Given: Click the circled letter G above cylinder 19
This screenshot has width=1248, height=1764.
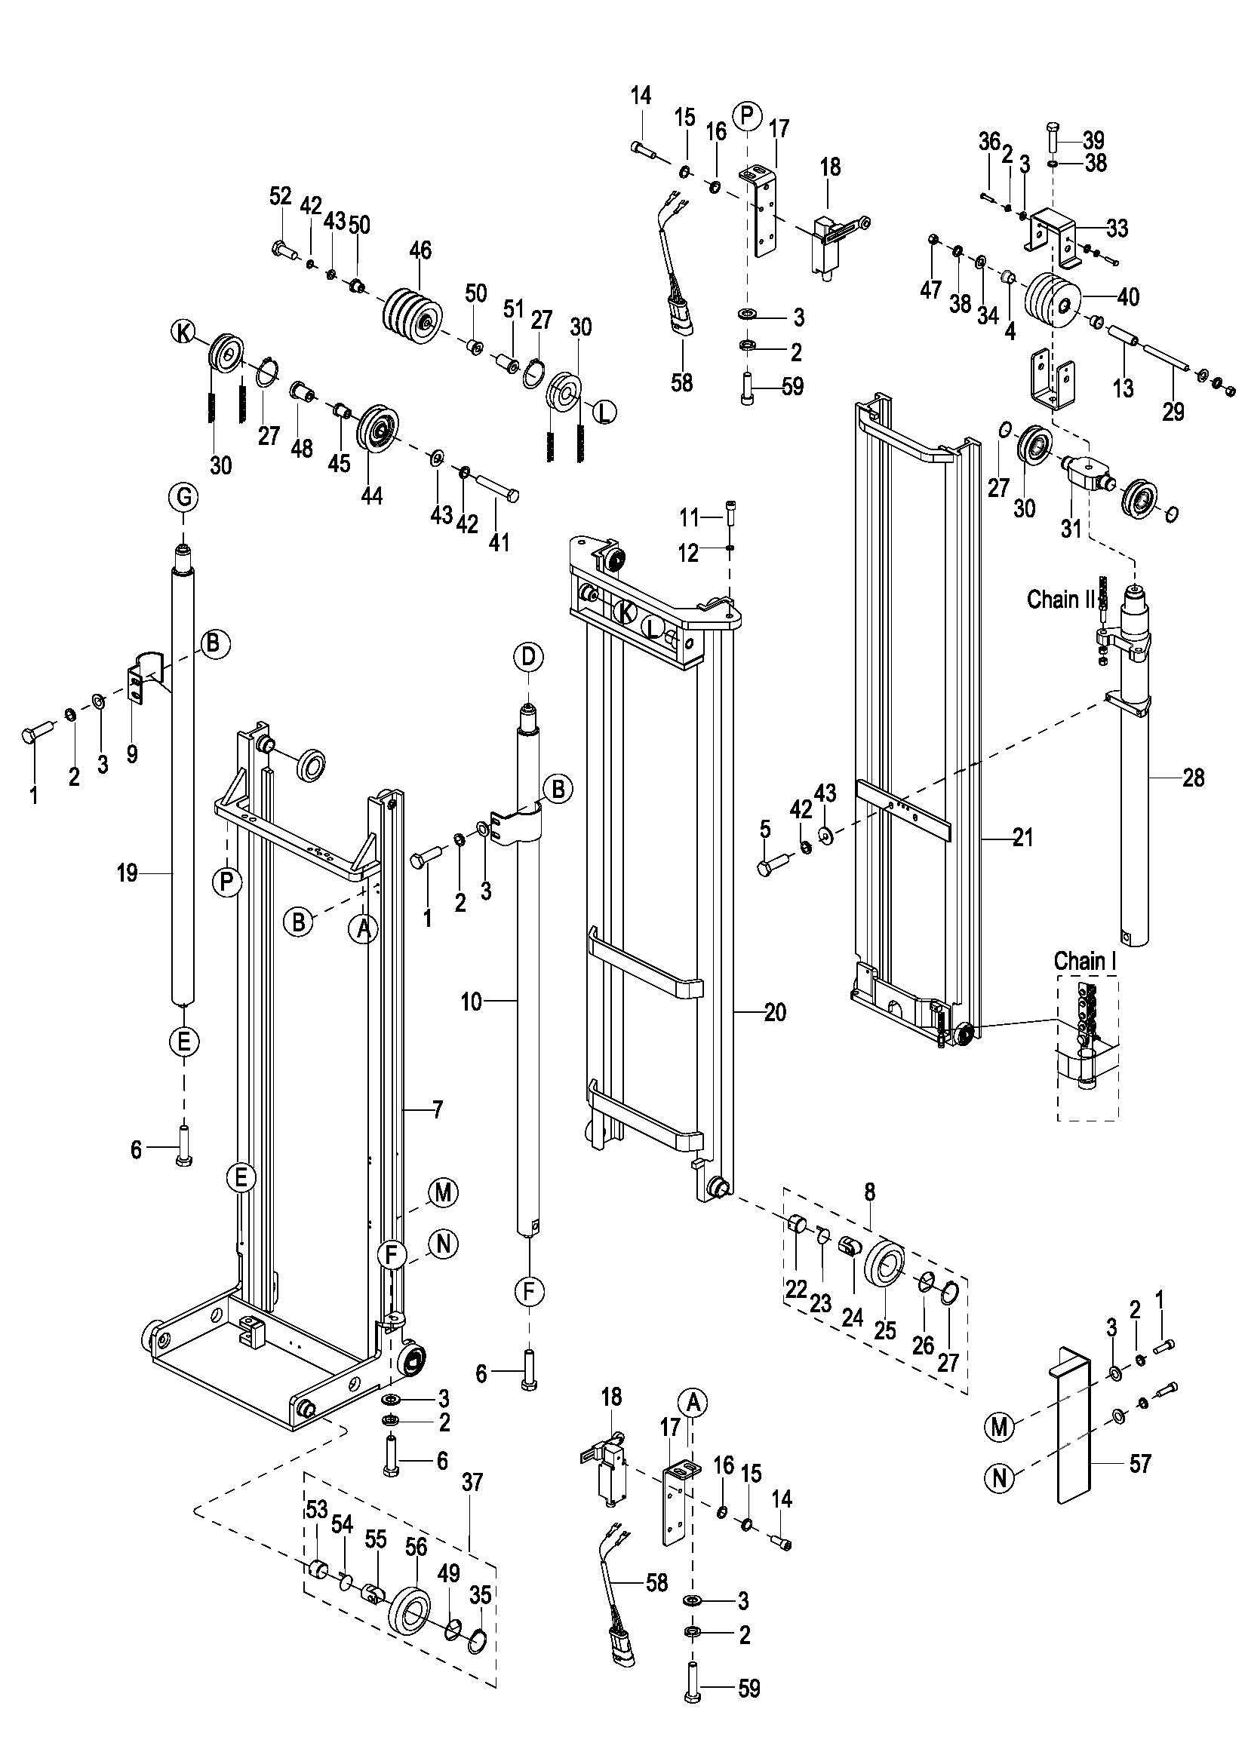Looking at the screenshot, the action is (184, 497).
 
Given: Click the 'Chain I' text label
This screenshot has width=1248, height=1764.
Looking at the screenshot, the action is (1084, 960).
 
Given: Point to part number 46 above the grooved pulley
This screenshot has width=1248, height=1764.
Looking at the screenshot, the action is (420, 250).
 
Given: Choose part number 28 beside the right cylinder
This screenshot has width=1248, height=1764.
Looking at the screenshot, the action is (1194, 778).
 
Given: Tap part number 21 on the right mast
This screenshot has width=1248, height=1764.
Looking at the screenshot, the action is (1023, 836).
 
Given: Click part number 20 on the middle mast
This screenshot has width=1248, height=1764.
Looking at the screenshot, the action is (775, 1012).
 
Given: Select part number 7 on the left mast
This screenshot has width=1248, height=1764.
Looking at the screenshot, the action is (438, 1109).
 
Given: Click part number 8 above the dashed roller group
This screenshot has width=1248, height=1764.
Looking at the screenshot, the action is (869, 1193).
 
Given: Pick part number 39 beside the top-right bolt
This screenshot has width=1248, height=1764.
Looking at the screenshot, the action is (1093, 140).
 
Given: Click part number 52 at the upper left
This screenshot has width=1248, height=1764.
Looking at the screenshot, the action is (281, 197).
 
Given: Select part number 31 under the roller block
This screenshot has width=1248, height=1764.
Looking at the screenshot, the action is (1071, 528).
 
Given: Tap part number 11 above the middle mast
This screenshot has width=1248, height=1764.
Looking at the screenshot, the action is (689, 519).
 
